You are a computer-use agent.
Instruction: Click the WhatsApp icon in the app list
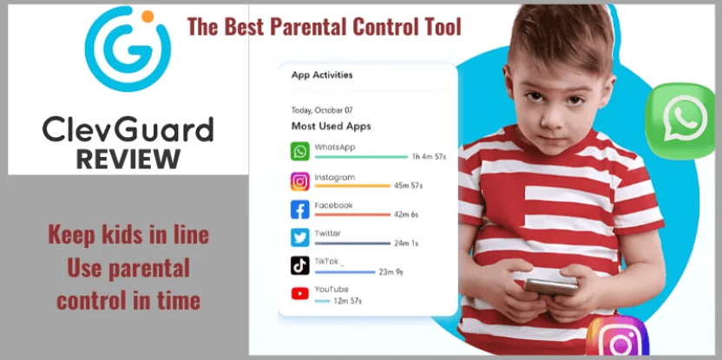(299, 151)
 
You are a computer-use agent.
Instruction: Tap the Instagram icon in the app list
(299, 181)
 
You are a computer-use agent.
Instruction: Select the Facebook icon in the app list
(299, 209)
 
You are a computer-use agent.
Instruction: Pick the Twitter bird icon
(299, 238)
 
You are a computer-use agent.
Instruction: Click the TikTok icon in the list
(299, 265)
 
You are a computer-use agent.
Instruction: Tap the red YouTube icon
(299, 293)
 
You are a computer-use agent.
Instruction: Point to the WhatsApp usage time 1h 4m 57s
(429, 157)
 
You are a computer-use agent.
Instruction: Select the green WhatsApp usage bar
(361, 157)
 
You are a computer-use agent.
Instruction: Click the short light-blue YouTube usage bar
(322, 301)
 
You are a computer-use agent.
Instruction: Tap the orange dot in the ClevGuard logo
(148, 16)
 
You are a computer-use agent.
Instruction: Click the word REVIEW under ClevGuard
(128, 159)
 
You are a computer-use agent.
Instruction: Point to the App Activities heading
(322, 75)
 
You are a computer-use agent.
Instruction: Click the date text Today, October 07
(322, 110)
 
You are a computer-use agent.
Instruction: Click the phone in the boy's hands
(551, 286)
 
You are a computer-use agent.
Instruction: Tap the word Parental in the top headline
(312, 27)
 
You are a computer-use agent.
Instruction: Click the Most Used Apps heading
(331, 126)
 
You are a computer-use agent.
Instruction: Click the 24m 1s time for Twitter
(406, 243)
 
